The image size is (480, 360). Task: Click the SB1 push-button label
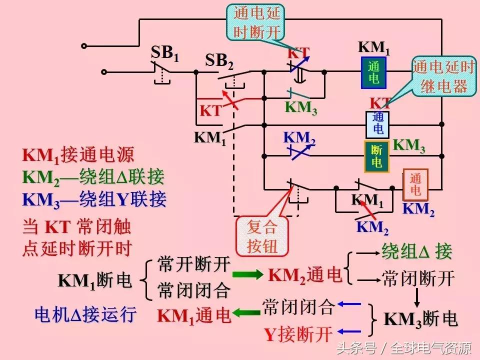tap(164, 53)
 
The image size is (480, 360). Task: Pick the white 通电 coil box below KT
tap(378, 123)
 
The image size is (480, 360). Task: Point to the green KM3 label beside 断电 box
tap(409, 146)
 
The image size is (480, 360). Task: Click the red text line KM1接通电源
tap(78, 155)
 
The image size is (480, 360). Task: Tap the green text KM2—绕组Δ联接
tap(93, 177)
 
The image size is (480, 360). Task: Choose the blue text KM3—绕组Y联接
tap(94, 199)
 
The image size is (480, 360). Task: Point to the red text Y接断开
tap(298, 334)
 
